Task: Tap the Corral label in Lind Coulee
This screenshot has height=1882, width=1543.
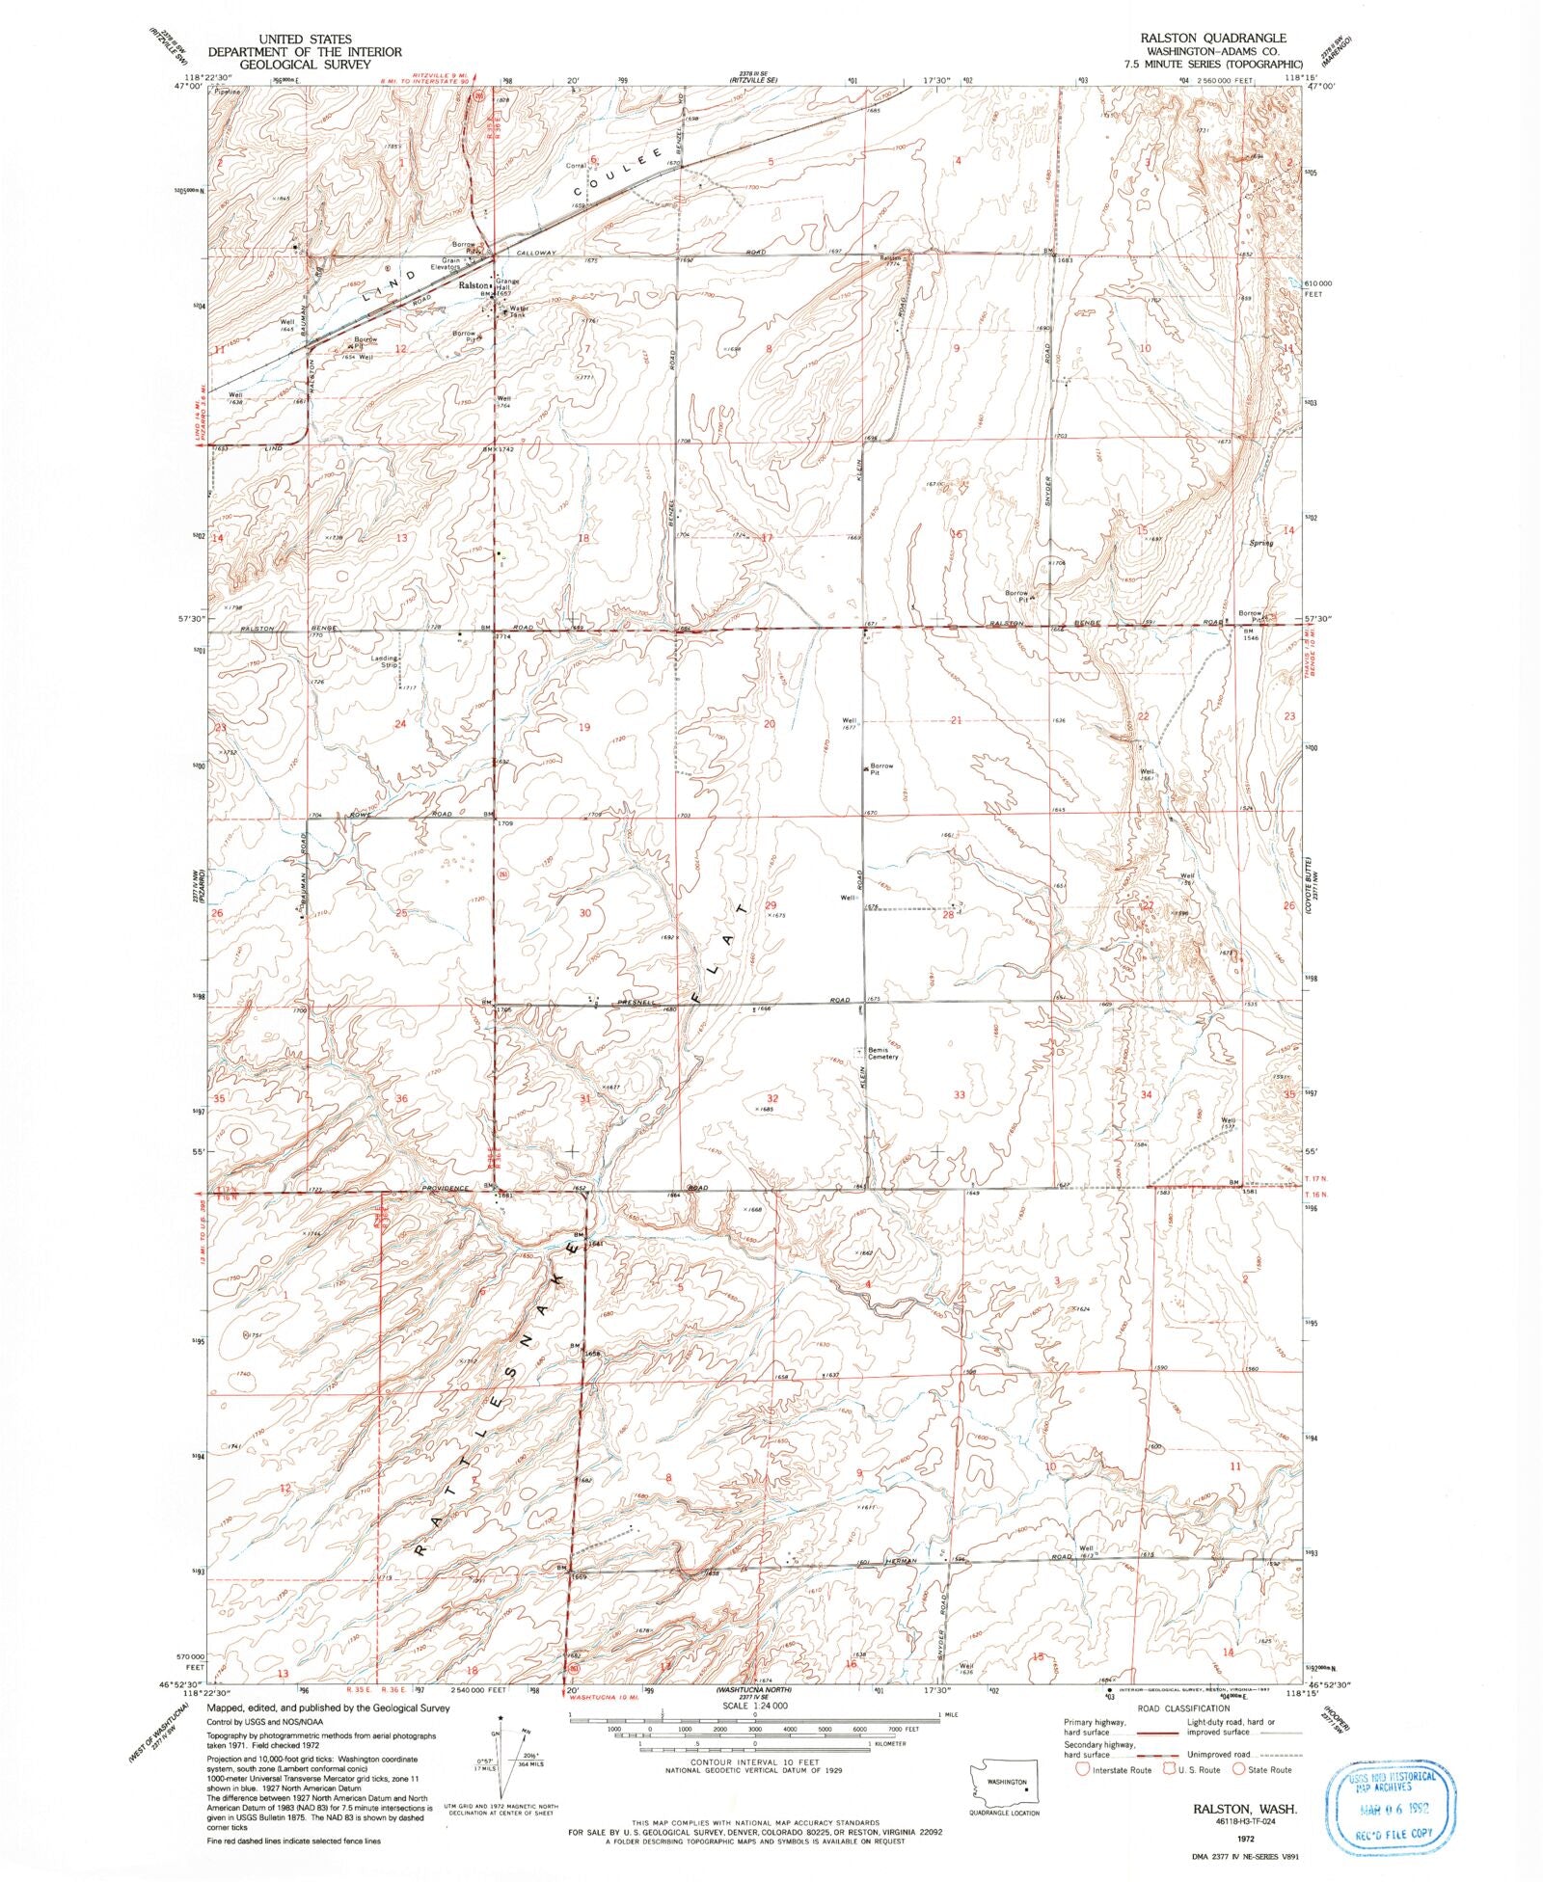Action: pyautogui.click(x=576, y=166)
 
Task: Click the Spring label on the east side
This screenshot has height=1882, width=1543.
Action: pyautogui.click(x=1260, y=543)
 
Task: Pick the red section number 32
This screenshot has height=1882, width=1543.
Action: pyautogui.click(x=771, y=1098)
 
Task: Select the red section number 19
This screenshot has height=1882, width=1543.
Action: pyautogui.click(x=583, y=728)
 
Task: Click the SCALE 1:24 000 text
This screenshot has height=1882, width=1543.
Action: pyautogui.click(x=753, y=1705)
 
